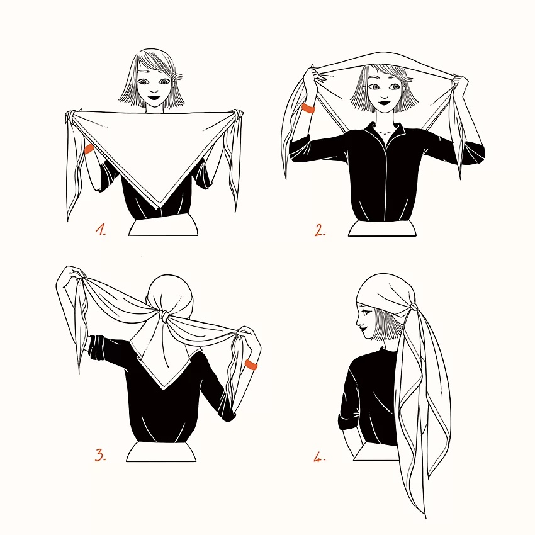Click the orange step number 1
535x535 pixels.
pyautogui.click(x=101, y=230)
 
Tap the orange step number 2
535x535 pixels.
pyautogui.click(x=320, y=230)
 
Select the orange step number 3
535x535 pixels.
pyautogui.click(x=100, y=455)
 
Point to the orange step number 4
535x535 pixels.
pyautogui.click(x=319, y=457)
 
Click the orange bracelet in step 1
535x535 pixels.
pyautogui.click(x=89, y=149)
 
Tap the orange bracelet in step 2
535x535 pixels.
pyautogui.click(x=308, y=108)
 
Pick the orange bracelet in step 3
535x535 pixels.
pyautogui.click(x=251, y=364)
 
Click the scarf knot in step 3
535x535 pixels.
pyautogui.click(x=165, y=315)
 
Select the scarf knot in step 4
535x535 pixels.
pyautogui.click(x=413, y=307)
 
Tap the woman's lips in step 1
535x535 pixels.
pyautogui.click(x=154, y=97)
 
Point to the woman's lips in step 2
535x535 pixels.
pyautogui.click(x=385, y=101)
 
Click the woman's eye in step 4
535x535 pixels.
pyautogui.click(x=366, y=312)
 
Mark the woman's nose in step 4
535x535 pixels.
pyautogui.click(x=358, y=321)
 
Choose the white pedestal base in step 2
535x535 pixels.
pyautogui.click(x=383, y=227)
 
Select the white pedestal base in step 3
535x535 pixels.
pyautogui.click(x=161, y=451)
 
